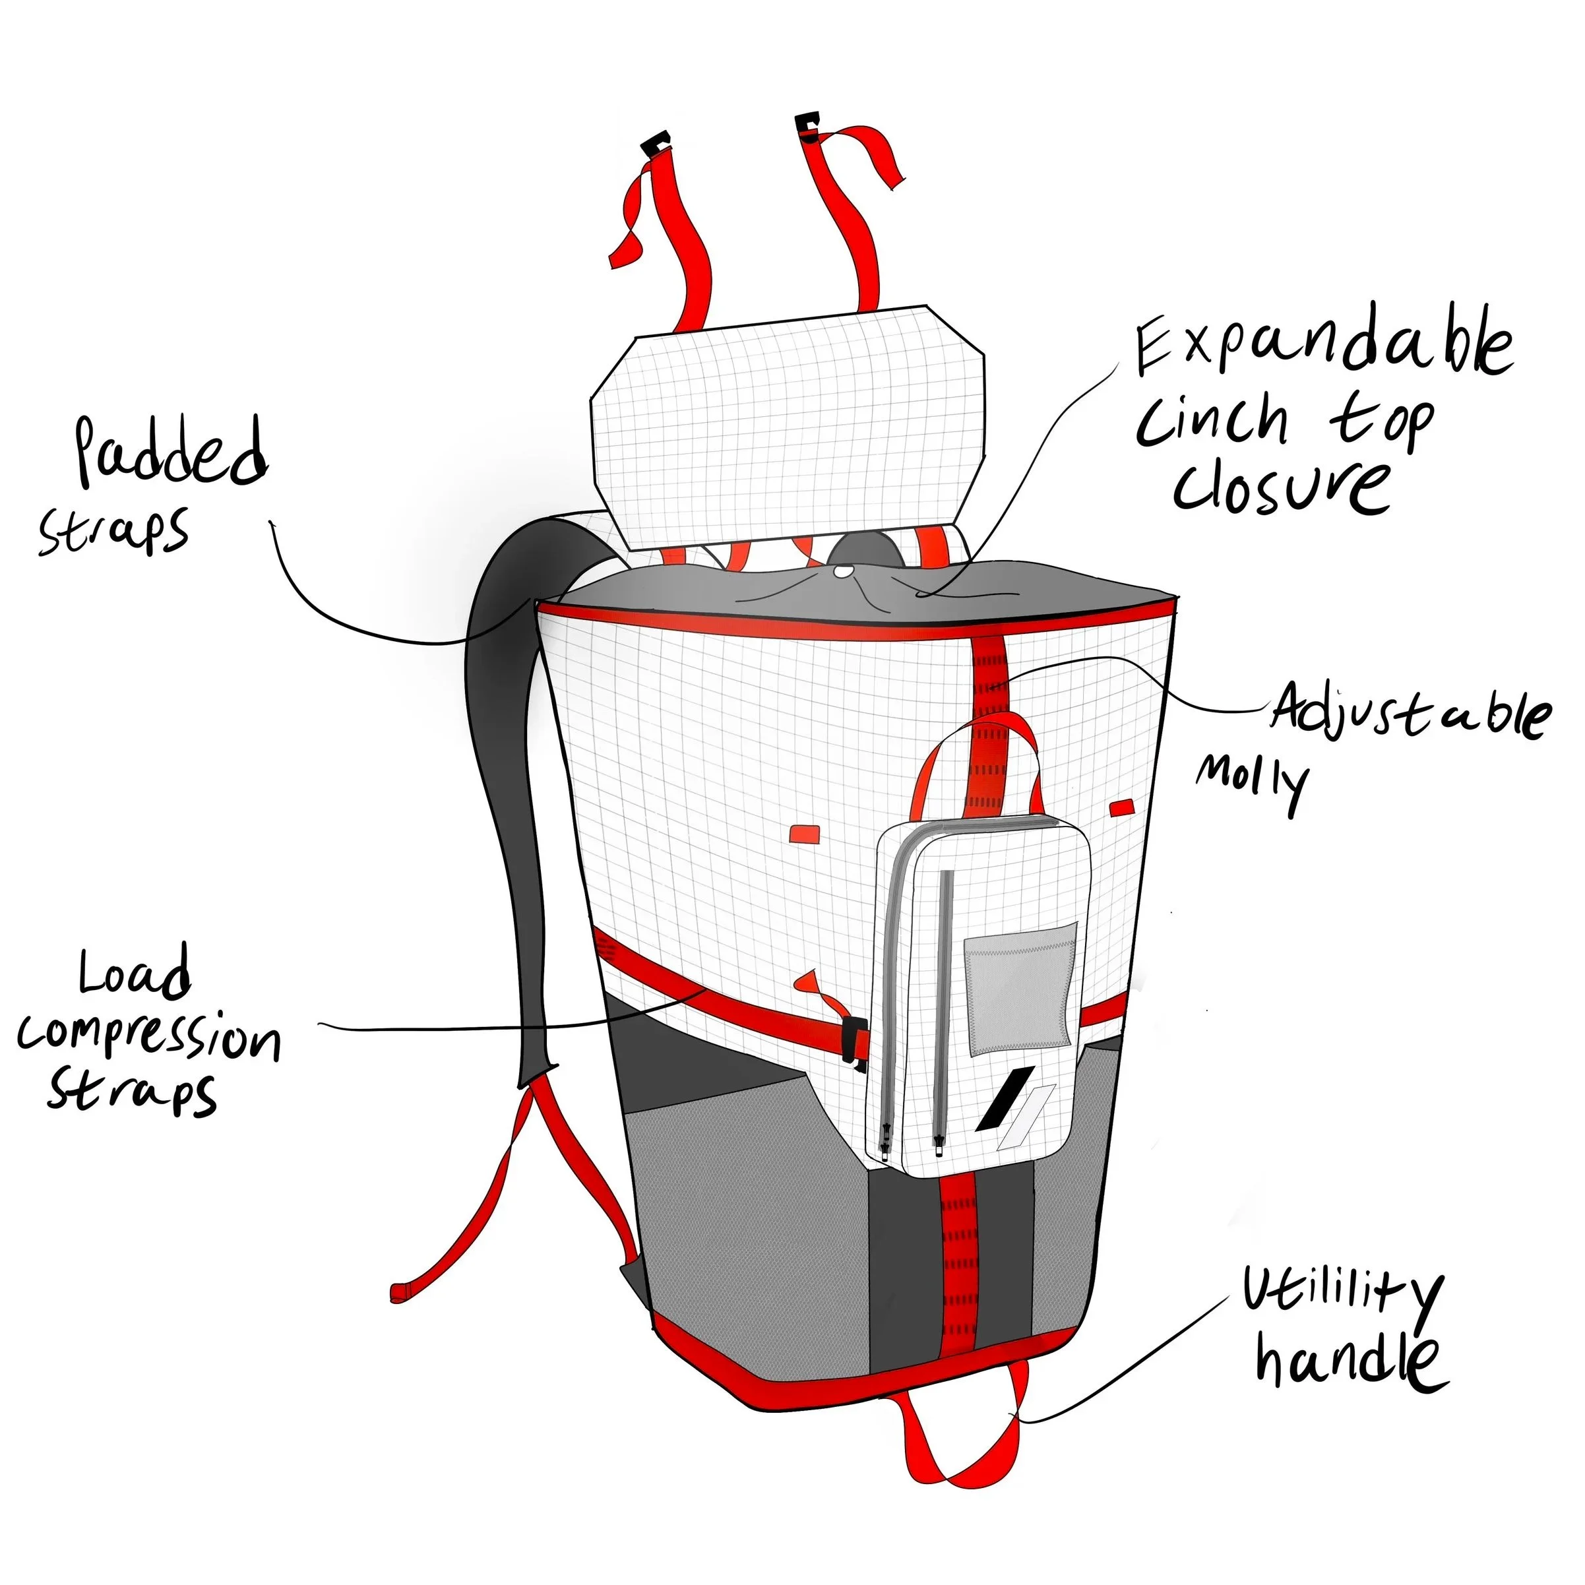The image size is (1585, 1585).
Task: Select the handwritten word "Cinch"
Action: (1212, 421)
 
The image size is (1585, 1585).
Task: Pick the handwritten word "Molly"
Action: (1251, 780)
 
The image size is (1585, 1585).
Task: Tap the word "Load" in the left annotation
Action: (135, 976)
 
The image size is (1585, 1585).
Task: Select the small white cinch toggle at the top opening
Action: (842, 572)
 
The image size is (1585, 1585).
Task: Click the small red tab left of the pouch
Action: (804, 834)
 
